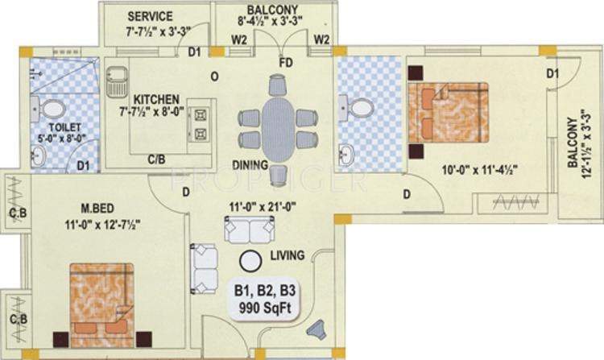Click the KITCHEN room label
[x=156, y=98]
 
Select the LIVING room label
[x=288, y=256]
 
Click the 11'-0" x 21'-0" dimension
[x=259, y=206]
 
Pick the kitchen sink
[x=118, y=79]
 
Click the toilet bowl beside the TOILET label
[x=51, y=108]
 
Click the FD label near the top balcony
[x=284, y=61]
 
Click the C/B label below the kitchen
[x=156, y=159]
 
